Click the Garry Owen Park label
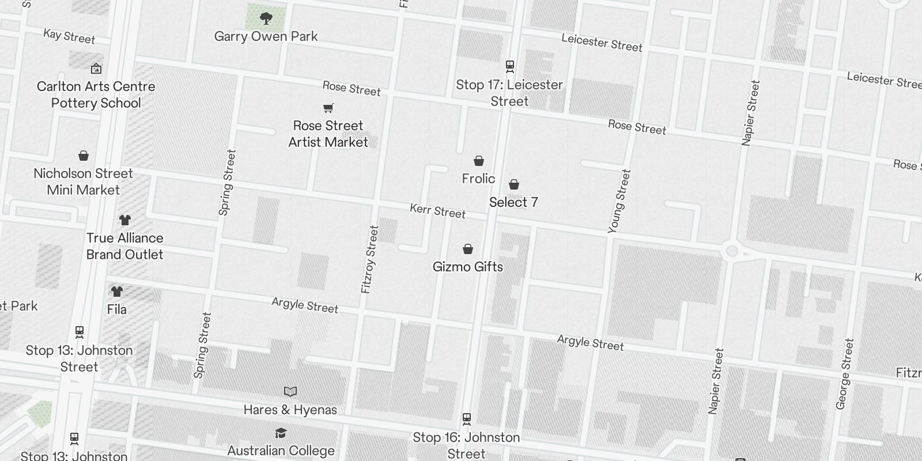(266, 36)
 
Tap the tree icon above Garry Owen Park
(266, 19)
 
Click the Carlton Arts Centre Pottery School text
(96, 95)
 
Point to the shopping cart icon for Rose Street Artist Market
(328, 108)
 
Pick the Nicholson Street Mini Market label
(84, 182)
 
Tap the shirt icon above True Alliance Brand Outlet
(124, 220)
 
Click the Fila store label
(116, 309)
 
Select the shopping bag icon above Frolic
(479, 161)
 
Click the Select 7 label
(513, 202)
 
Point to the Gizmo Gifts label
(468, 267)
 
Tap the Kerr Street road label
(437, 211)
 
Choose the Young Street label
(619, 201)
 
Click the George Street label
(844, 374)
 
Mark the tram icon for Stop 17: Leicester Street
(510, 66)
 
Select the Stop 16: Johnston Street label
(466, 445)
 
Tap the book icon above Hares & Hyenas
(290, 392)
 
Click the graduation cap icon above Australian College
(281, 433)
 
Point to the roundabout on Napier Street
(732, 251)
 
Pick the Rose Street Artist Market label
(328, 134)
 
